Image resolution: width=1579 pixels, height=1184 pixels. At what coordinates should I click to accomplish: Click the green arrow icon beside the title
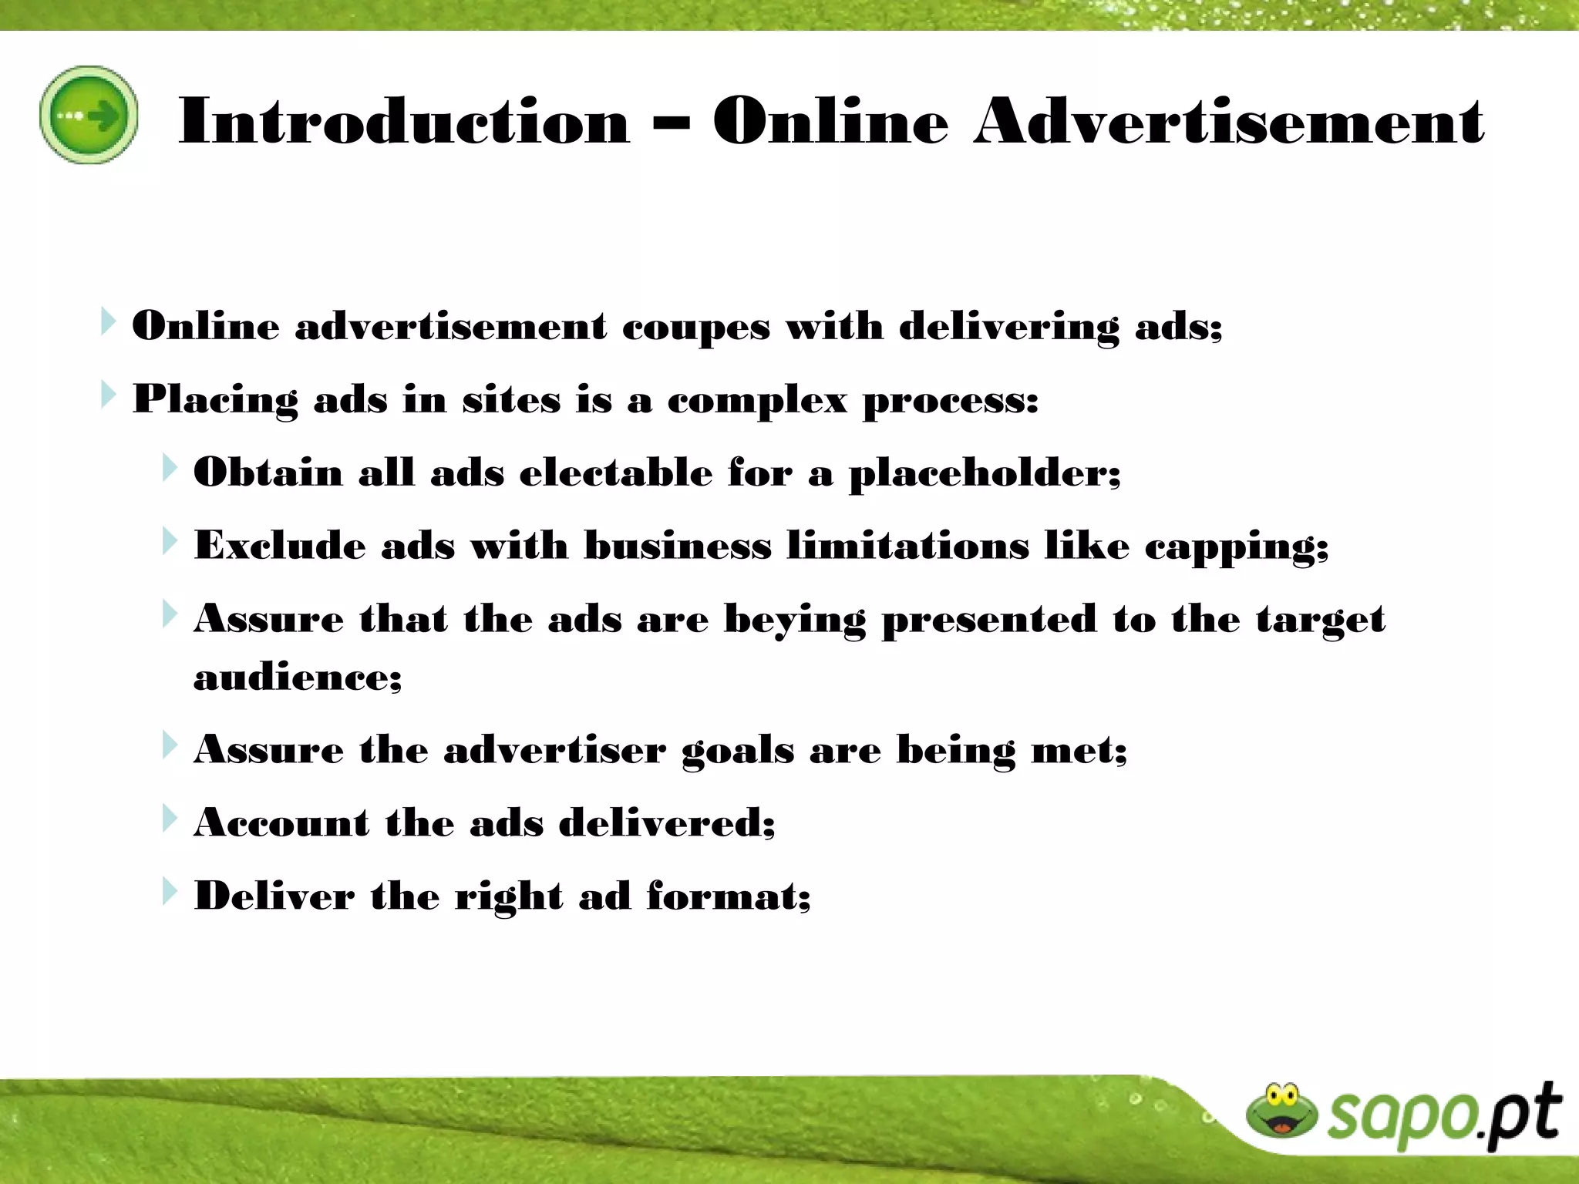point(89,115)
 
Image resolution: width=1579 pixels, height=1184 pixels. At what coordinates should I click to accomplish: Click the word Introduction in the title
point(404,121)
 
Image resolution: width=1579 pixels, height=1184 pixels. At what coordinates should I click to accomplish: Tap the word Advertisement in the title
point(1228,121)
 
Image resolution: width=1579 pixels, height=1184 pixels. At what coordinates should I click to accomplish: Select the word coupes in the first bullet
point(695,327)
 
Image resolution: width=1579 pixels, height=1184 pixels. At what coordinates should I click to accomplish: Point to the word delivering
point(1008,327)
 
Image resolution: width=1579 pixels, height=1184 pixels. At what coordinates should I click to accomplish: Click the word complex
point(756,400)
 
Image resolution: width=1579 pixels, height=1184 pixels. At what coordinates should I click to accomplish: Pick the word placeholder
point(985,473)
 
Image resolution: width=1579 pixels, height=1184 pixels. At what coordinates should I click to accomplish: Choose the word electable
point(616,472)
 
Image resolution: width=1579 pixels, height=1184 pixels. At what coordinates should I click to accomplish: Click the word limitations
point(907,546)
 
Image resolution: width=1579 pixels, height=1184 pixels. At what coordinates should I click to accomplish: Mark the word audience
point(298,678)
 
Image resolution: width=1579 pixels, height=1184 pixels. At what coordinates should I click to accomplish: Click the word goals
point(738,751)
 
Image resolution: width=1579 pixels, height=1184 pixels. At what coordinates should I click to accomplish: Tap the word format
point(729,896)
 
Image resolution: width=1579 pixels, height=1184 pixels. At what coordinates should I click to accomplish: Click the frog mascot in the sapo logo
point(1281,1111)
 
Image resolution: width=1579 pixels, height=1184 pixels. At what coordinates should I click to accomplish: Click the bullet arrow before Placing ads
point(109,395)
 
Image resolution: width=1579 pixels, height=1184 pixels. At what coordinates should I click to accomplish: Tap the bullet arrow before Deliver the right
point(170,892)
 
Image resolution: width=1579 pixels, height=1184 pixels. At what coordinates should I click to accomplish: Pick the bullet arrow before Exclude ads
point(170,541)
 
